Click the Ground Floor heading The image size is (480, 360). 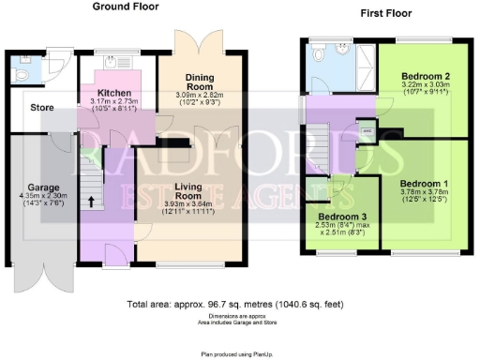(129, 7)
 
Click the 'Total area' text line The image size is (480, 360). (240, 305)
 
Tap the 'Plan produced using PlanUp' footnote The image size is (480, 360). (240, 353)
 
